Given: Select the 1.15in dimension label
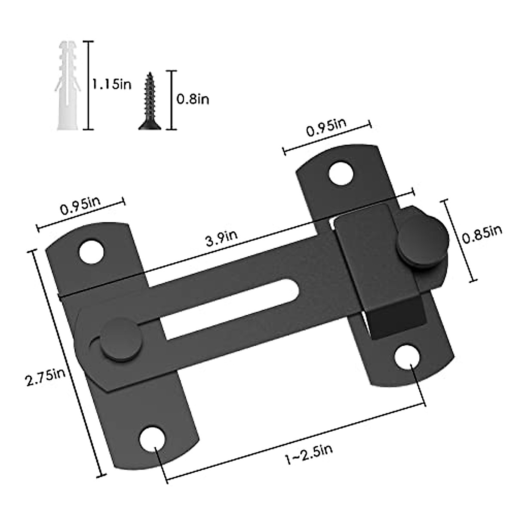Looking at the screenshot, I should click(x=111, y=84).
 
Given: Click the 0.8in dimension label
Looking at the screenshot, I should click(x=193, y=99).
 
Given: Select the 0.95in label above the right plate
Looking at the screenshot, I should click(x=326, y=127).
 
